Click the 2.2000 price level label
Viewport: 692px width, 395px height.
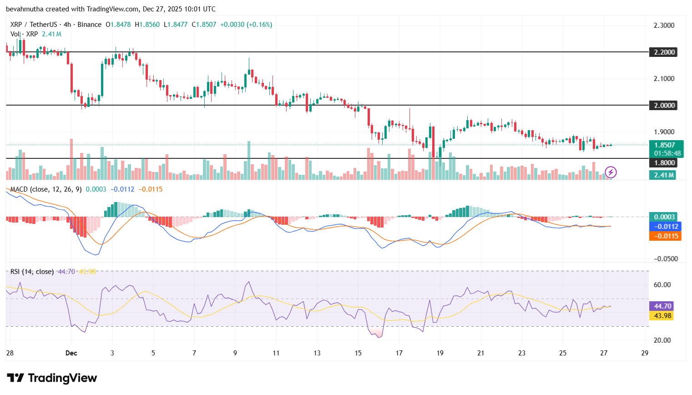pyautogui.click(x=664, y=52)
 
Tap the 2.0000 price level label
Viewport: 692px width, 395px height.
pyautogui.click(x=664, y=105)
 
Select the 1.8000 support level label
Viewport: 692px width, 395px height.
pyautogui.click(x=664, y=162)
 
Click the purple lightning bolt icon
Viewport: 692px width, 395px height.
pyautogui.click(x=611, y=172)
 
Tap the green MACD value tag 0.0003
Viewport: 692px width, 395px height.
pyautogui.click(x=664, y=217)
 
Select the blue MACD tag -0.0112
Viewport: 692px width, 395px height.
pyautogui.click(x=665, y=226)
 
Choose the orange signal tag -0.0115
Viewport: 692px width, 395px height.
pyautogui.click(x=665, y=236)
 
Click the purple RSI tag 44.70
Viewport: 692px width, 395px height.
pyautogui.click(x=663, y=306)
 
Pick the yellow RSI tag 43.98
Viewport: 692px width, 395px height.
pyautogui.click(x=663, y=315)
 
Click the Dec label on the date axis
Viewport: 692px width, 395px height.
pyautogui.click(x=71, y=353)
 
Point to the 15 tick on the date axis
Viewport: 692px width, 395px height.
pyautogui.click(x=358, y=353)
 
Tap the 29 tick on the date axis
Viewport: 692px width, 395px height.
pyautogui.click(x=645, y=353)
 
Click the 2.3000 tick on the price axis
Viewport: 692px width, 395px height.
pyautogui.click(x=664, y=25)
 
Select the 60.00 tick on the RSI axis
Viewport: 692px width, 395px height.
pyautogui.click(x=662, y=284)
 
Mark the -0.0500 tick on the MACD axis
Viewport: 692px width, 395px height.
pyautogui.click(x=666, y=258)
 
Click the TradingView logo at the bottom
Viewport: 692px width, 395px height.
pyautogui.click(x=52, y=378)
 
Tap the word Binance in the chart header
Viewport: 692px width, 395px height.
pyautogui.click(x=89, y=25)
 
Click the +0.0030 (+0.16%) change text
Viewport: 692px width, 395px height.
pyautogui.click(x=246, y=25)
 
